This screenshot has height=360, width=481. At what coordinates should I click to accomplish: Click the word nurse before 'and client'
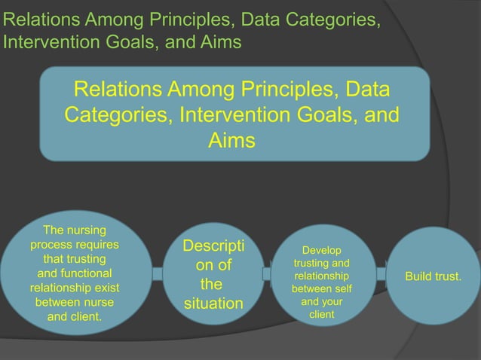(x=96, y=301)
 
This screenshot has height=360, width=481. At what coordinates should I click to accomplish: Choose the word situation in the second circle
(x=213, y=305)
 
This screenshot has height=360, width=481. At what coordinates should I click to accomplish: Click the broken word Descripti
(x=213, y=246)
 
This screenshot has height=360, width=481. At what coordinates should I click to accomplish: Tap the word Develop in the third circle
(x=321, y=250)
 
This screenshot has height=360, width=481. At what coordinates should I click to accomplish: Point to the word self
(x=339, y=288)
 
